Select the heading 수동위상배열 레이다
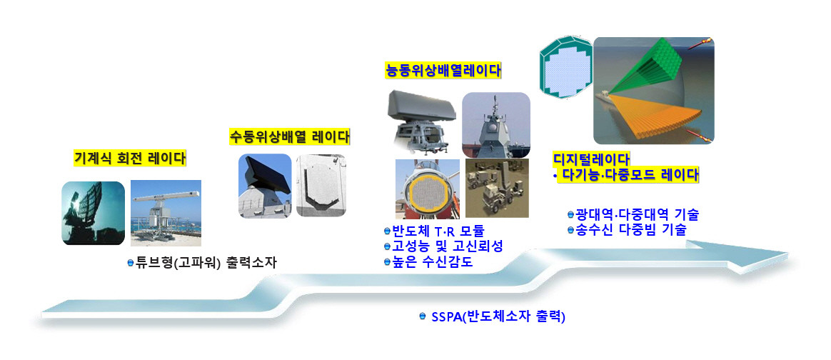tap(289, 136)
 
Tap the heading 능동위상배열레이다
tap(443, 71)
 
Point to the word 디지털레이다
tap(591, 159)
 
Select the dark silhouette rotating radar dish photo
tap(94, 213)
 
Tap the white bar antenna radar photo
tap(166, 213)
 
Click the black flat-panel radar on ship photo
tap(265, 186)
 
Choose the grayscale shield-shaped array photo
tap(321, 186)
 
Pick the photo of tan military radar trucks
tap(497, 189)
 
